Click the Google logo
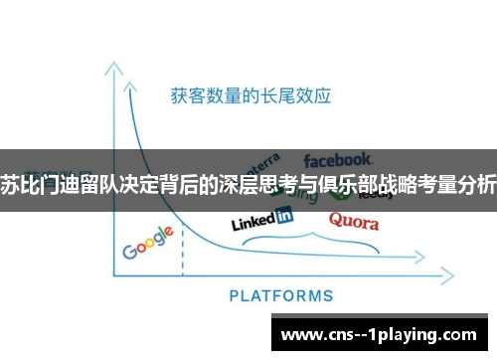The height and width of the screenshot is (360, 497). [148, 243]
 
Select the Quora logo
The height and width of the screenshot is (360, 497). [353, 220]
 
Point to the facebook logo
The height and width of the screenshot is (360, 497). [338, 158]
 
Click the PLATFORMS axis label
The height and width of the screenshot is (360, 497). [281, 295]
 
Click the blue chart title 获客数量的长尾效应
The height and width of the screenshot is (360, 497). [249, 96]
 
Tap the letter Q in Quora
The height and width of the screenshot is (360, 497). [336, 219]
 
